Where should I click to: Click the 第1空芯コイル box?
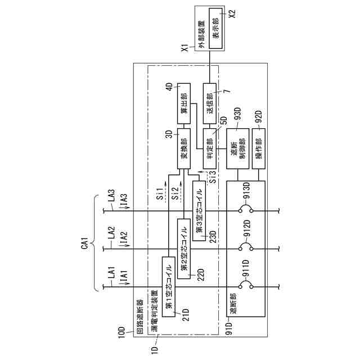click(x=168, y=286)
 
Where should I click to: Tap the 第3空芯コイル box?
click(x=200, y=210)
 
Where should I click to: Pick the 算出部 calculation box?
click(x=184, y=105)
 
